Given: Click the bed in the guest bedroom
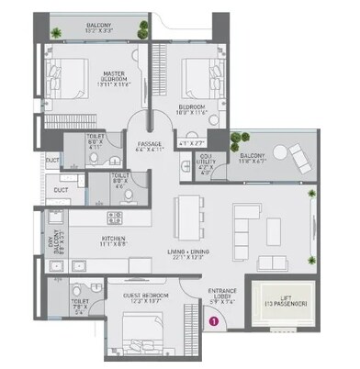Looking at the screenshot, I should coord(138,326).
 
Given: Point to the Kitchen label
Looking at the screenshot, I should coord(113,240).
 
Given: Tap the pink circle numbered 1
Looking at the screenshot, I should coord(213,321).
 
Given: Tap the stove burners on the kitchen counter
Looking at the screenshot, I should coord(115,218).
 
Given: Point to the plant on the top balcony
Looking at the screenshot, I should coord(57,34).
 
